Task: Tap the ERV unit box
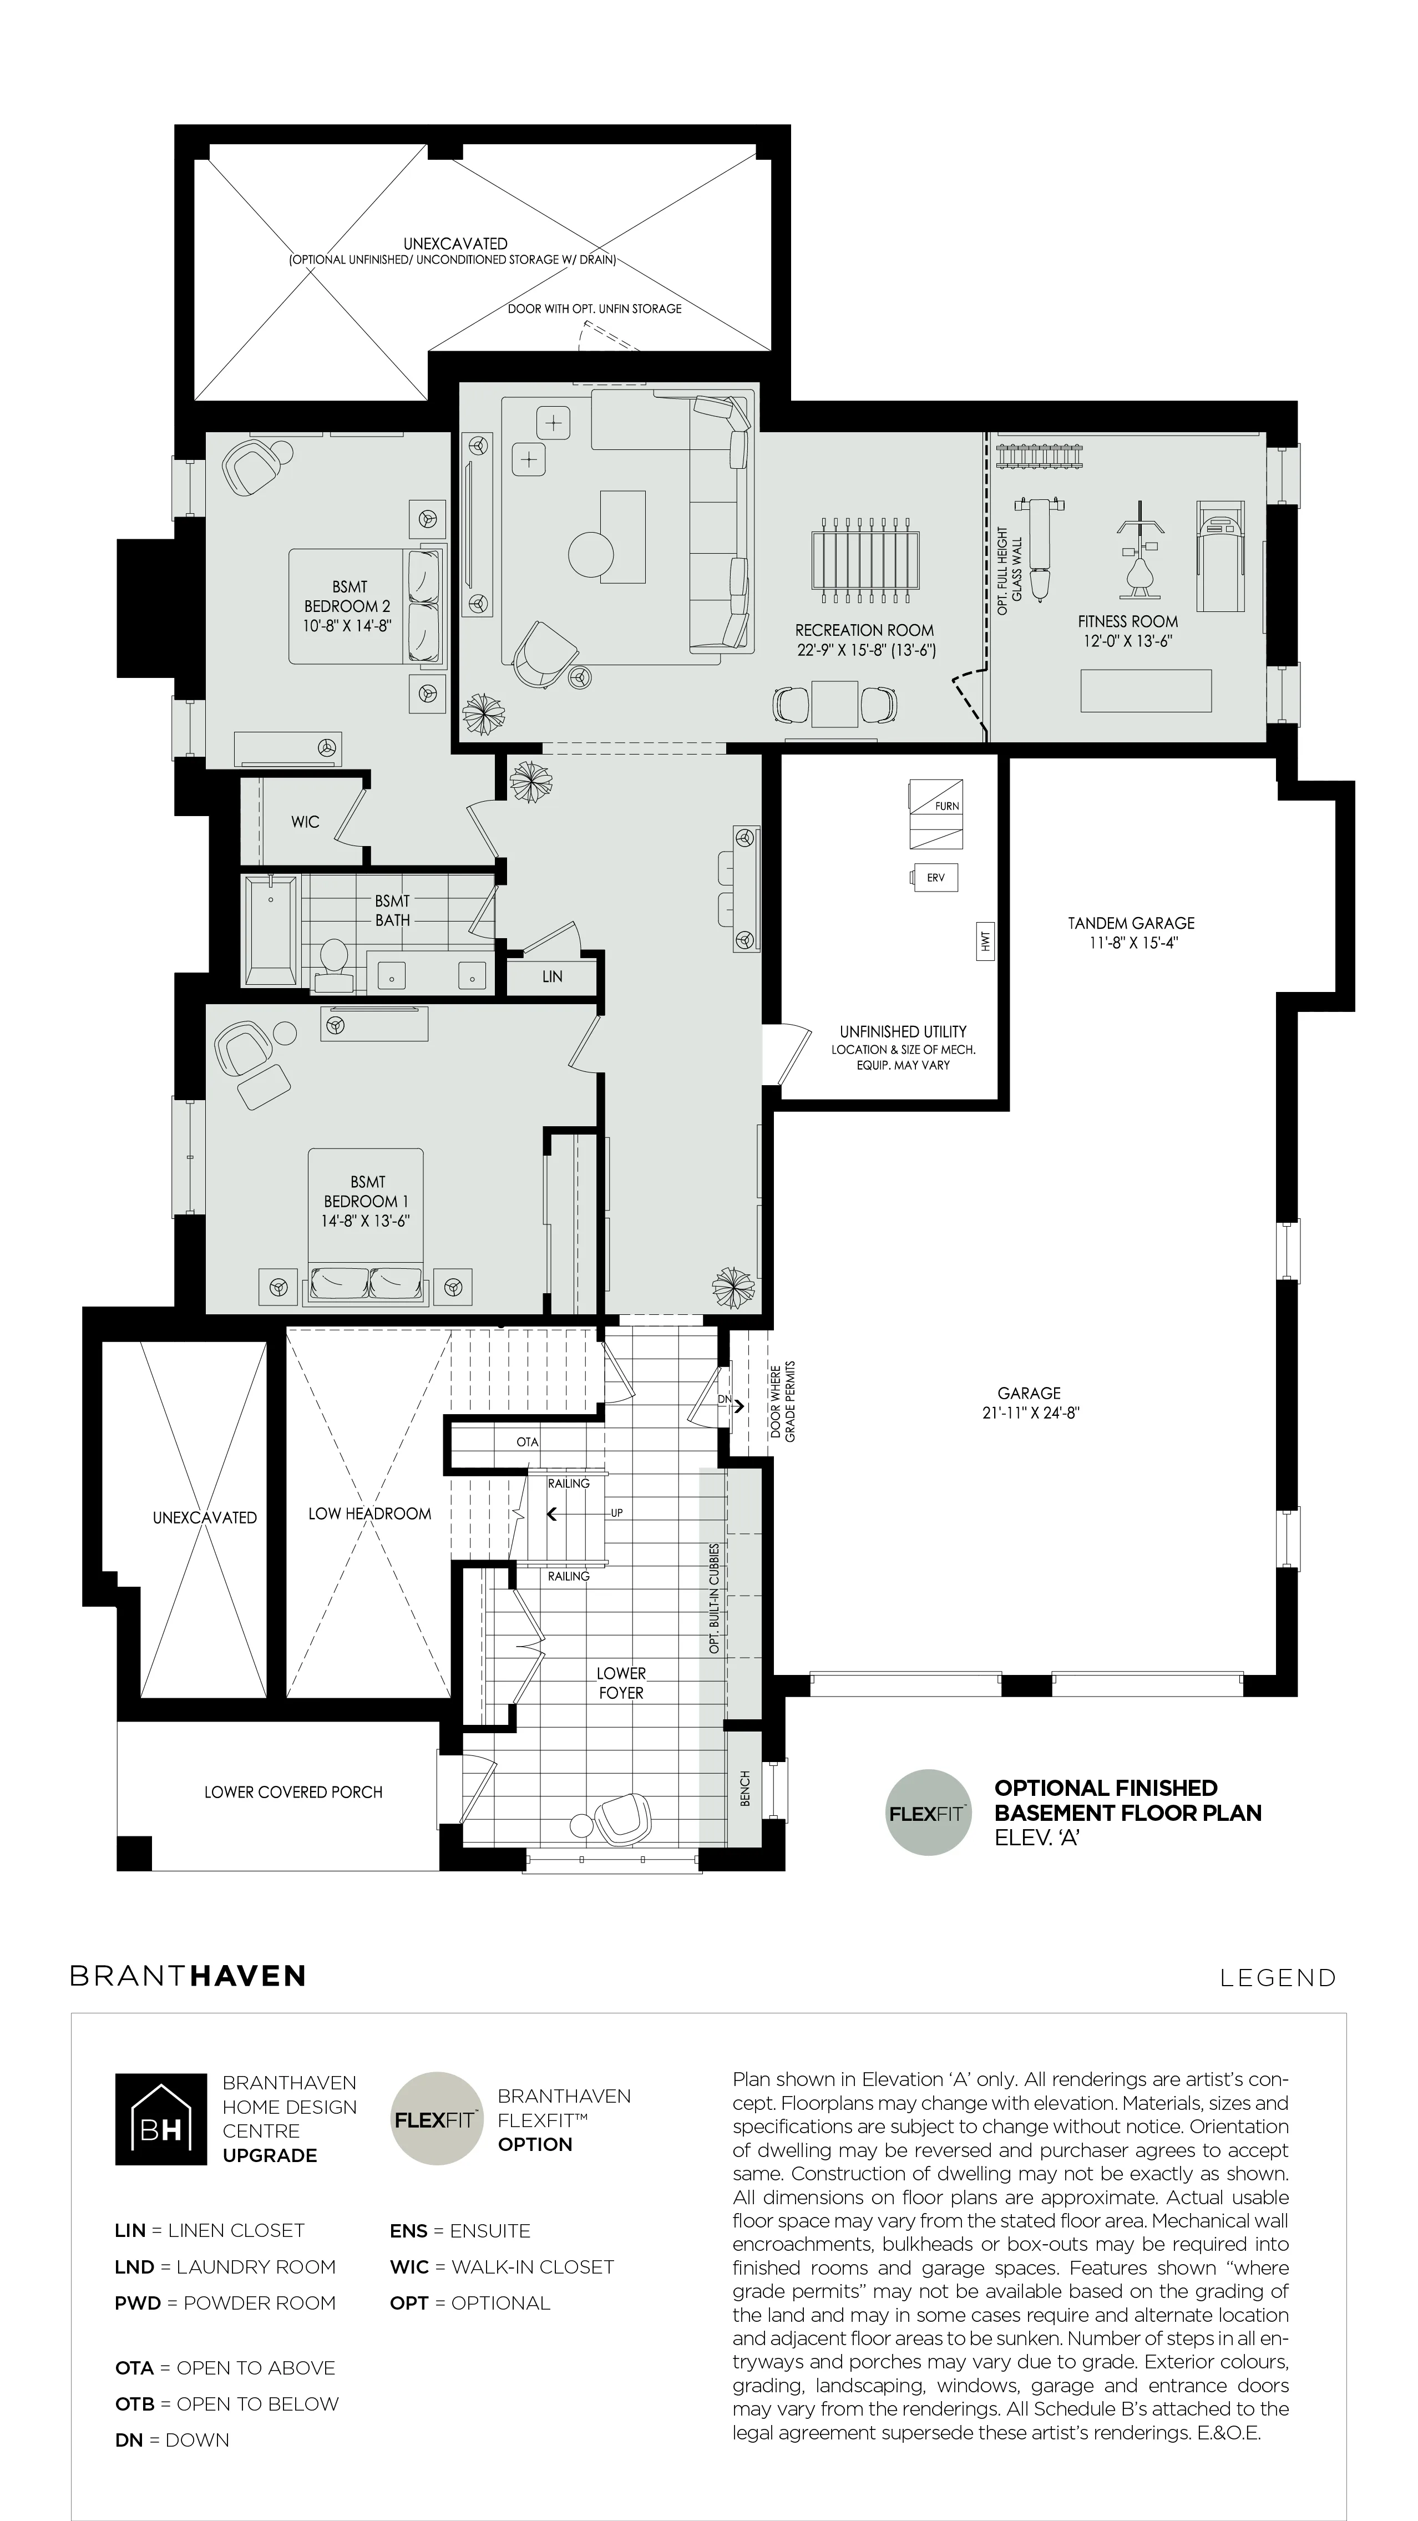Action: [x=935, y=878]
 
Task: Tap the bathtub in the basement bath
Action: [x=271, y=931]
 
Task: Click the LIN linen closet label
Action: [x=552, y=976]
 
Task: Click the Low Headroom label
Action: [x=370, y=1513]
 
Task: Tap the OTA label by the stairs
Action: [x=528, y=1441]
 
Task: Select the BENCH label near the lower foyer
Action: [x=746, y=1788]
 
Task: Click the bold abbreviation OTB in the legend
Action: [x=135, y=2403]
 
